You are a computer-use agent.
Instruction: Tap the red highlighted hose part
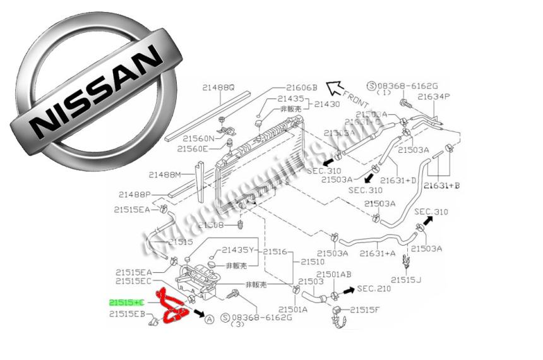172,308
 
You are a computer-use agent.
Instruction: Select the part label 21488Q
219,88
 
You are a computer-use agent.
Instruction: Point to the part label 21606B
301,88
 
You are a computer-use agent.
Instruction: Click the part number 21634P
436,97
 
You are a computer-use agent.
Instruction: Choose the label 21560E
193,149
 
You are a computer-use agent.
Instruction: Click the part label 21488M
165,174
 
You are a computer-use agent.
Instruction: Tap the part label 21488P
134,195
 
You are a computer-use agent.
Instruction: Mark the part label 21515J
406,280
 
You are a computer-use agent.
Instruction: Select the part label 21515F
366,309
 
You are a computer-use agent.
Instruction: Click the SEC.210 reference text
374,289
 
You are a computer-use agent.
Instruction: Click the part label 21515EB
128,314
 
